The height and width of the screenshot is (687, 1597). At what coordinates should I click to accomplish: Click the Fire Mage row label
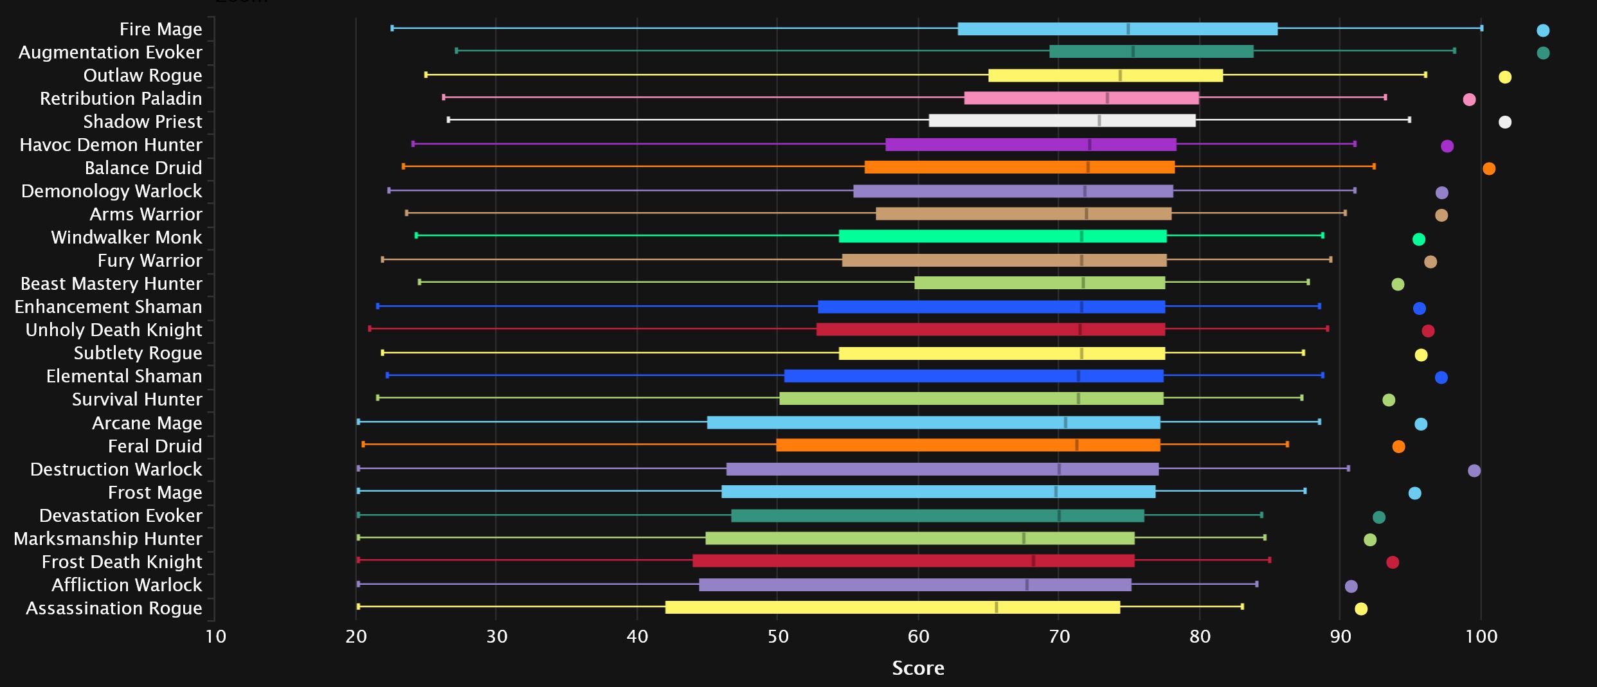pyautogui.click(x=160, y=29)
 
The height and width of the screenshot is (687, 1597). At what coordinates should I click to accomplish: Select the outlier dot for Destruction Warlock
pyautogui.click(x=1474, y=470)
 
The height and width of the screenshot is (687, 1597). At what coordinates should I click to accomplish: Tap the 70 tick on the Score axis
pyautogui.click(x=1059, y=636)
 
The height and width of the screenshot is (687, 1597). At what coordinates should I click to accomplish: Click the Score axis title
pyautogui.click(x=917, y=668)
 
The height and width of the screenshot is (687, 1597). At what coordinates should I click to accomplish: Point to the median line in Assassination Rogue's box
pyautogui.click(x=997, y=607)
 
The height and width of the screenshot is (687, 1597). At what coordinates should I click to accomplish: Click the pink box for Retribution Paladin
pyautogui.click(x=1081, y=98)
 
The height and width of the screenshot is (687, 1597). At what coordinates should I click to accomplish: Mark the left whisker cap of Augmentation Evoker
pyautogui.click(x=456, y=50)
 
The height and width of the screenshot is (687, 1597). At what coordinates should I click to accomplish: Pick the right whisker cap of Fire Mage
pyautogui.click(x=1482, y=28)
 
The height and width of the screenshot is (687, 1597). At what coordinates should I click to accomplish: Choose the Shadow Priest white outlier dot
pyautogui.click(x=1505, y=122)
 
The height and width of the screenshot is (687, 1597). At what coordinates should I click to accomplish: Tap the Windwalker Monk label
pyautogui.click(x=126, y=237)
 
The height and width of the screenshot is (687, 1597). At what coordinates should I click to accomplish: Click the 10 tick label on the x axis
pyautogui.click(x=216, y=636)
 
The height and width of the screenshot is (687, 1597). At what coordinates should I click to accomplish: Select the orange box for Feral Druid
pyautogui.click(x=968, y=445)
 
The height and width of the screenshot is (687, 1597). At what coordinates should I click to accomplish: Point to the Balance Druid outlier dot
pyautogui.click(x=1489, y=168)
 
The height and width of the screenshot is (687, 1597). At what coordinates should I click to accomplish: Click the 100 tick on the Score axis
pyautogui.click(x=1481, y=636)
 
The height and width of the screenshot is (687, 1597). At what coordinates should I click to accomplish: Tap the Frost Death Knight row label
pyautogui.click(x=122, y=562)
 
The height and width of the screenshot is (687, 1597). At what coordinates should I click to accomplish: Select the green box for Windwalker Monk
pyautogui.click(x=1002, y=236)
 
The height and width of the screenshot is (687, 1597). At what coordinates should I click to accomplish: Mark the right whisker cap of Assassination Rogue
pyautogui.click(x=1242, y=607)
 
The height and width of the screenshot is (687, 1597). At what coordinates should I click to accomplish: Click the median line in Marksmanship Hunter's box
pyautogui.click(x=1024, y=539)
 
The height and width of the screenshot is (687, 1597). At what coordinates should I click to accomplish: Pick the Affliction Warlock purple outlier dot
pyautogui.click(x=1351, y=586)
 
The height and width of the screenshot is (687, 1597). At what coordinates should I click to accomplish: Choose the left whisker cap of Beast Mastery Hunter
pyautogui.click(x=419, y=282)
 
